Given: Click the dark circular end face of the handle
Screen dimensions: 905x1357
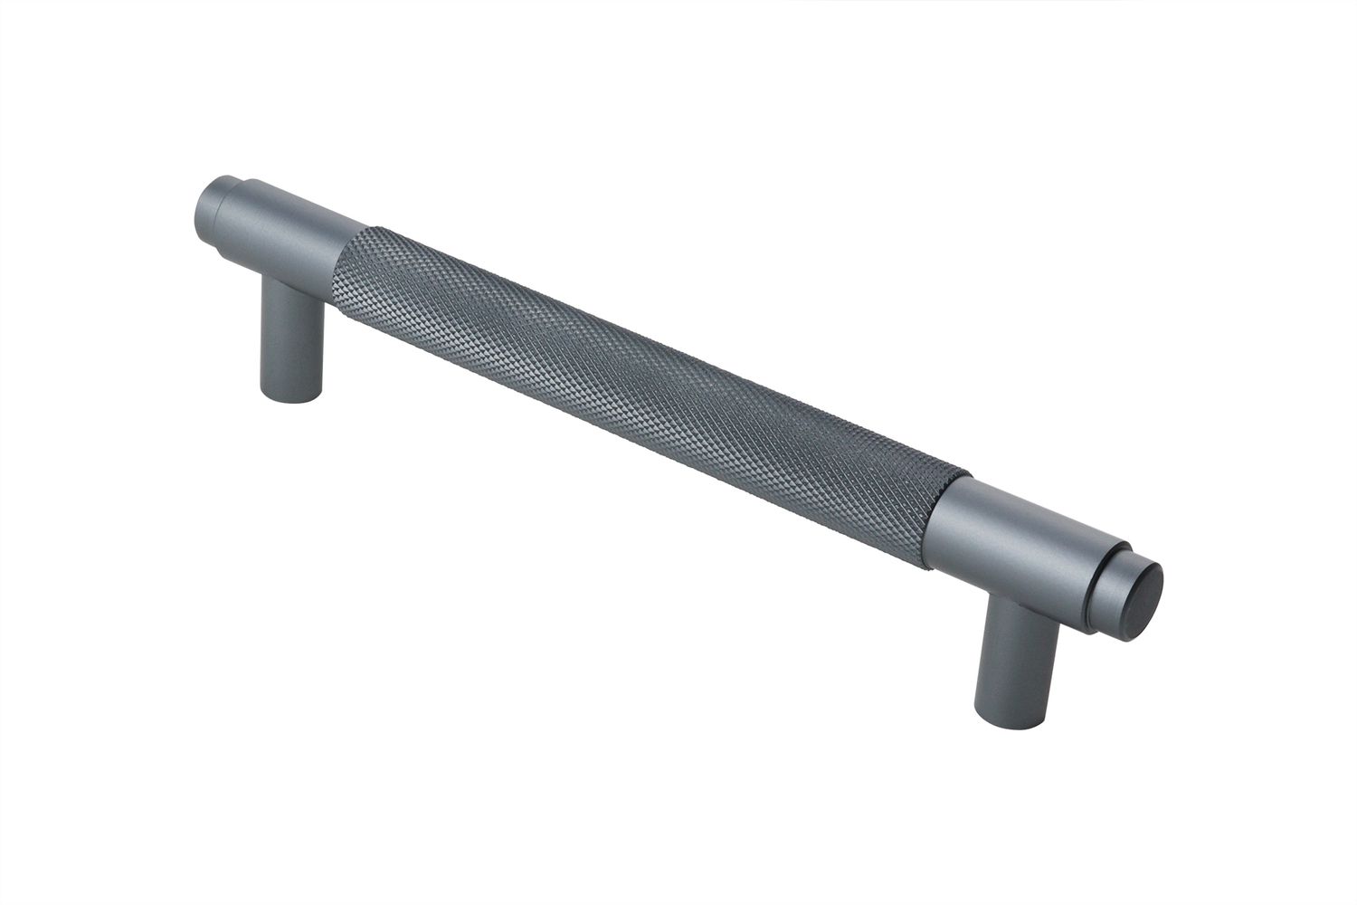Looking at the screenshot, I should pos(1144,602).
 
